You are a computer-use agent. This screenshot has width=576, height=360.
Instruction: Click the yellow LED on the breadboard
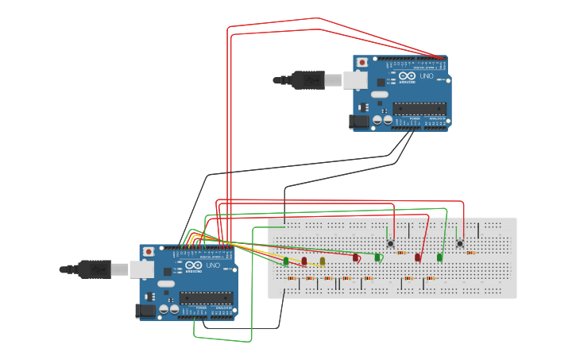[x=323, y=261]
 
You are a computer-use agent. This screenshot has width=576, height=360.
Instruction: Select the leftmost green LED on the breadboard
[x=286, y=261]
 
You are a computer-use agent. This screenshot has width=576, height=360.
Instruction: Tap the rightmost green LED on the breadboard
[x=439, y=257]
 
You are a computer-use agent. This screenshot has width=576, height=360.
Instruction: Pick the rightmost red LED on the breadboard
[x=418, y=257]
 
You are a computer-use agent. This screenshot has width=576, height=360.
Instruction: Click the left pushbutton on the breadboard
[x=390, y=243]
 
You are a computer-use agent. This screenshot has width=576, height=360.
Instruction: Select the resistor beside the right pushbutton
[x=470, y=253]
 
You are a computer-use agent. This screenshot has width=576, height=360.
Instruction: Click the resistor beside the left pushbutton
[x=400, y=253]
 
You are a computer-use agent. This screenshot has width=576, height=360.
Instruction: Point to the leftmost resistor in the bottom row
[x=292, y=278]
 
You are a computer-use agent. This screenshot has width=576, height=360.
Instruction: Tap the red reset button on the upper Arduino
[x=362, y=62]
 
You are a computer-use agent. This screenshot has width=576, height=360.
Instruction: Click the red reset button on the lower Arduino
[x=148, y=252]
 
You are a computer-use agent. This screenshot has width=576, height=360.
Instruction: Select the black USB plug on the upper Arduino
[x=305, y=79]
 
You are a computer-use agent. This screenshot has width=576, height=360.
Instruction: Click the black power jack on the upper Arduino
[x=359, y=122]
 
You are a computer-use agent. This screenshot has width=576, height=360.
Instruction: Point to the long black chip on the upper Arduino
[x=419, y=109]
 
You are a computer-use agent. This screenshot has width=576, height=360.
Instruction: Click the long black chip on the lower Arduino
[x=205, y=298]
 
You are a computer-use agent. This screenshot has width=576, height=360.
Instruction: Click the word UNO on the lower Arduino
[x=212, y=265]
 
